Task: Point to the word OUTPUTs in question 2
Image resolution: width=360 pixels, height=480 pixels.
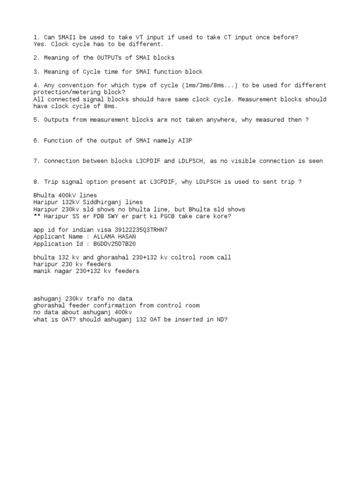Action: (110, 58)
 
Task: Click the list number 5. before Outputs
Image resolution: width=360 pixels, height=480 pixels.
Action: (37, 120)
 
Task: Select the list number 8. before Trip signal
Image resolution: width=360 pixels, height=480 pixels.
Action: (37, 182)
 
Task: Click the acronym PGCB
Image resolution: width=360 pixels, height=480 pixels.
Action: (179, 216)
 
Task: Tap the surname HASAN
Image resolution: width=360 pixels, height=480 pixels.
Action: (126, 237)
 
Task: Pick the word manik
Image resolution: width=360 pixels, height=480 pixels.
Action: (42, 271)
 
